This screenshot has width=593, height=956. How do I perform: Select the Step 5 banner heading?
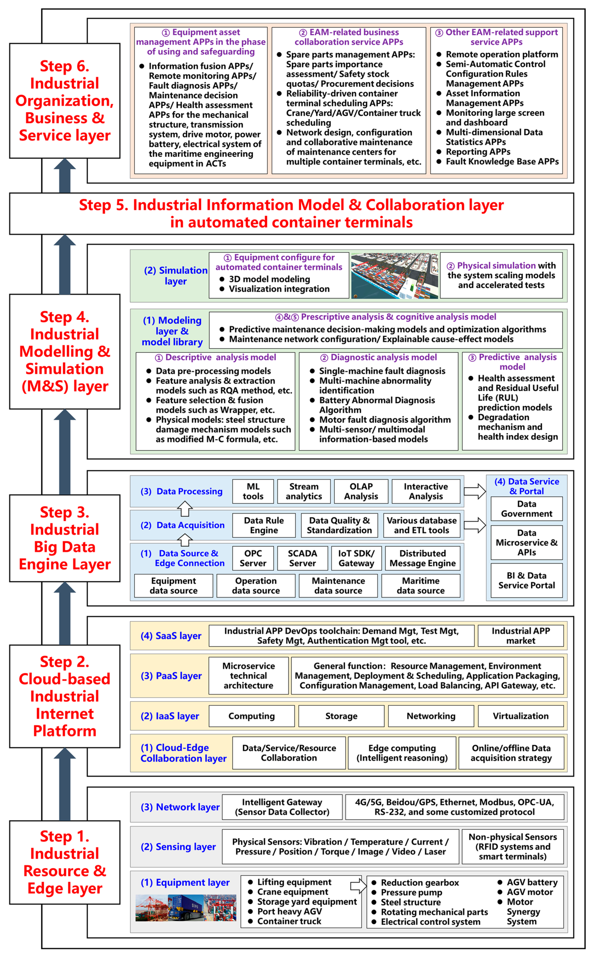pos(291,213)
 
